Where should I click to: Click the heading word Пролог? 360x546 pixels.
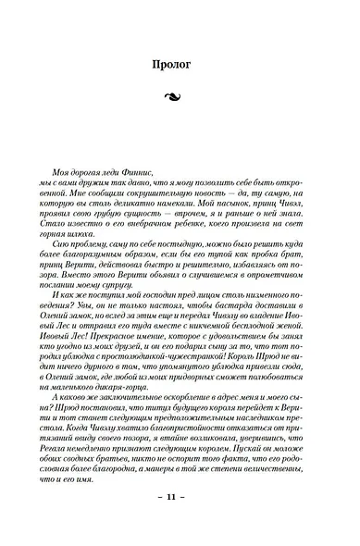(180, 66)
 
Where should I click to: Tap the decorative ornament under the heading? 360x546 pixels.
(180, 96)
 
